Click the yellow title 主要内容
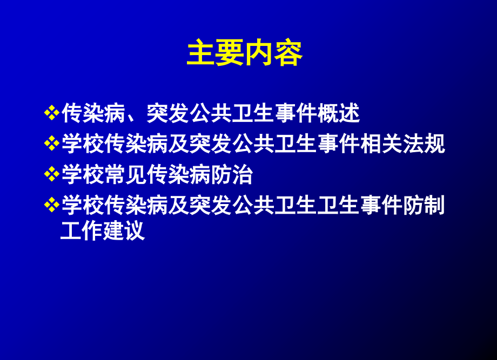pos(245,54)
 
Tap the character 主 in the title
pos(201,54)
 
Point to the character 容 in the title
pos(288,54)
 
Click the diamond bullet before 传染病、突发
pos(51,114)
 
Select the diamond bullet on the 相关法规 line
pos(51,145)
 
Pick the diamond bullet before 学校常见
pos(51,175)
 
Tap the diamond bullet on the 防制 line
pos(51,206)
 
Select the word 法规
pos(424,145)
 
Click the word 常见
pos(126,175)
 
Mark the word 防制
pos(424,206)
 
